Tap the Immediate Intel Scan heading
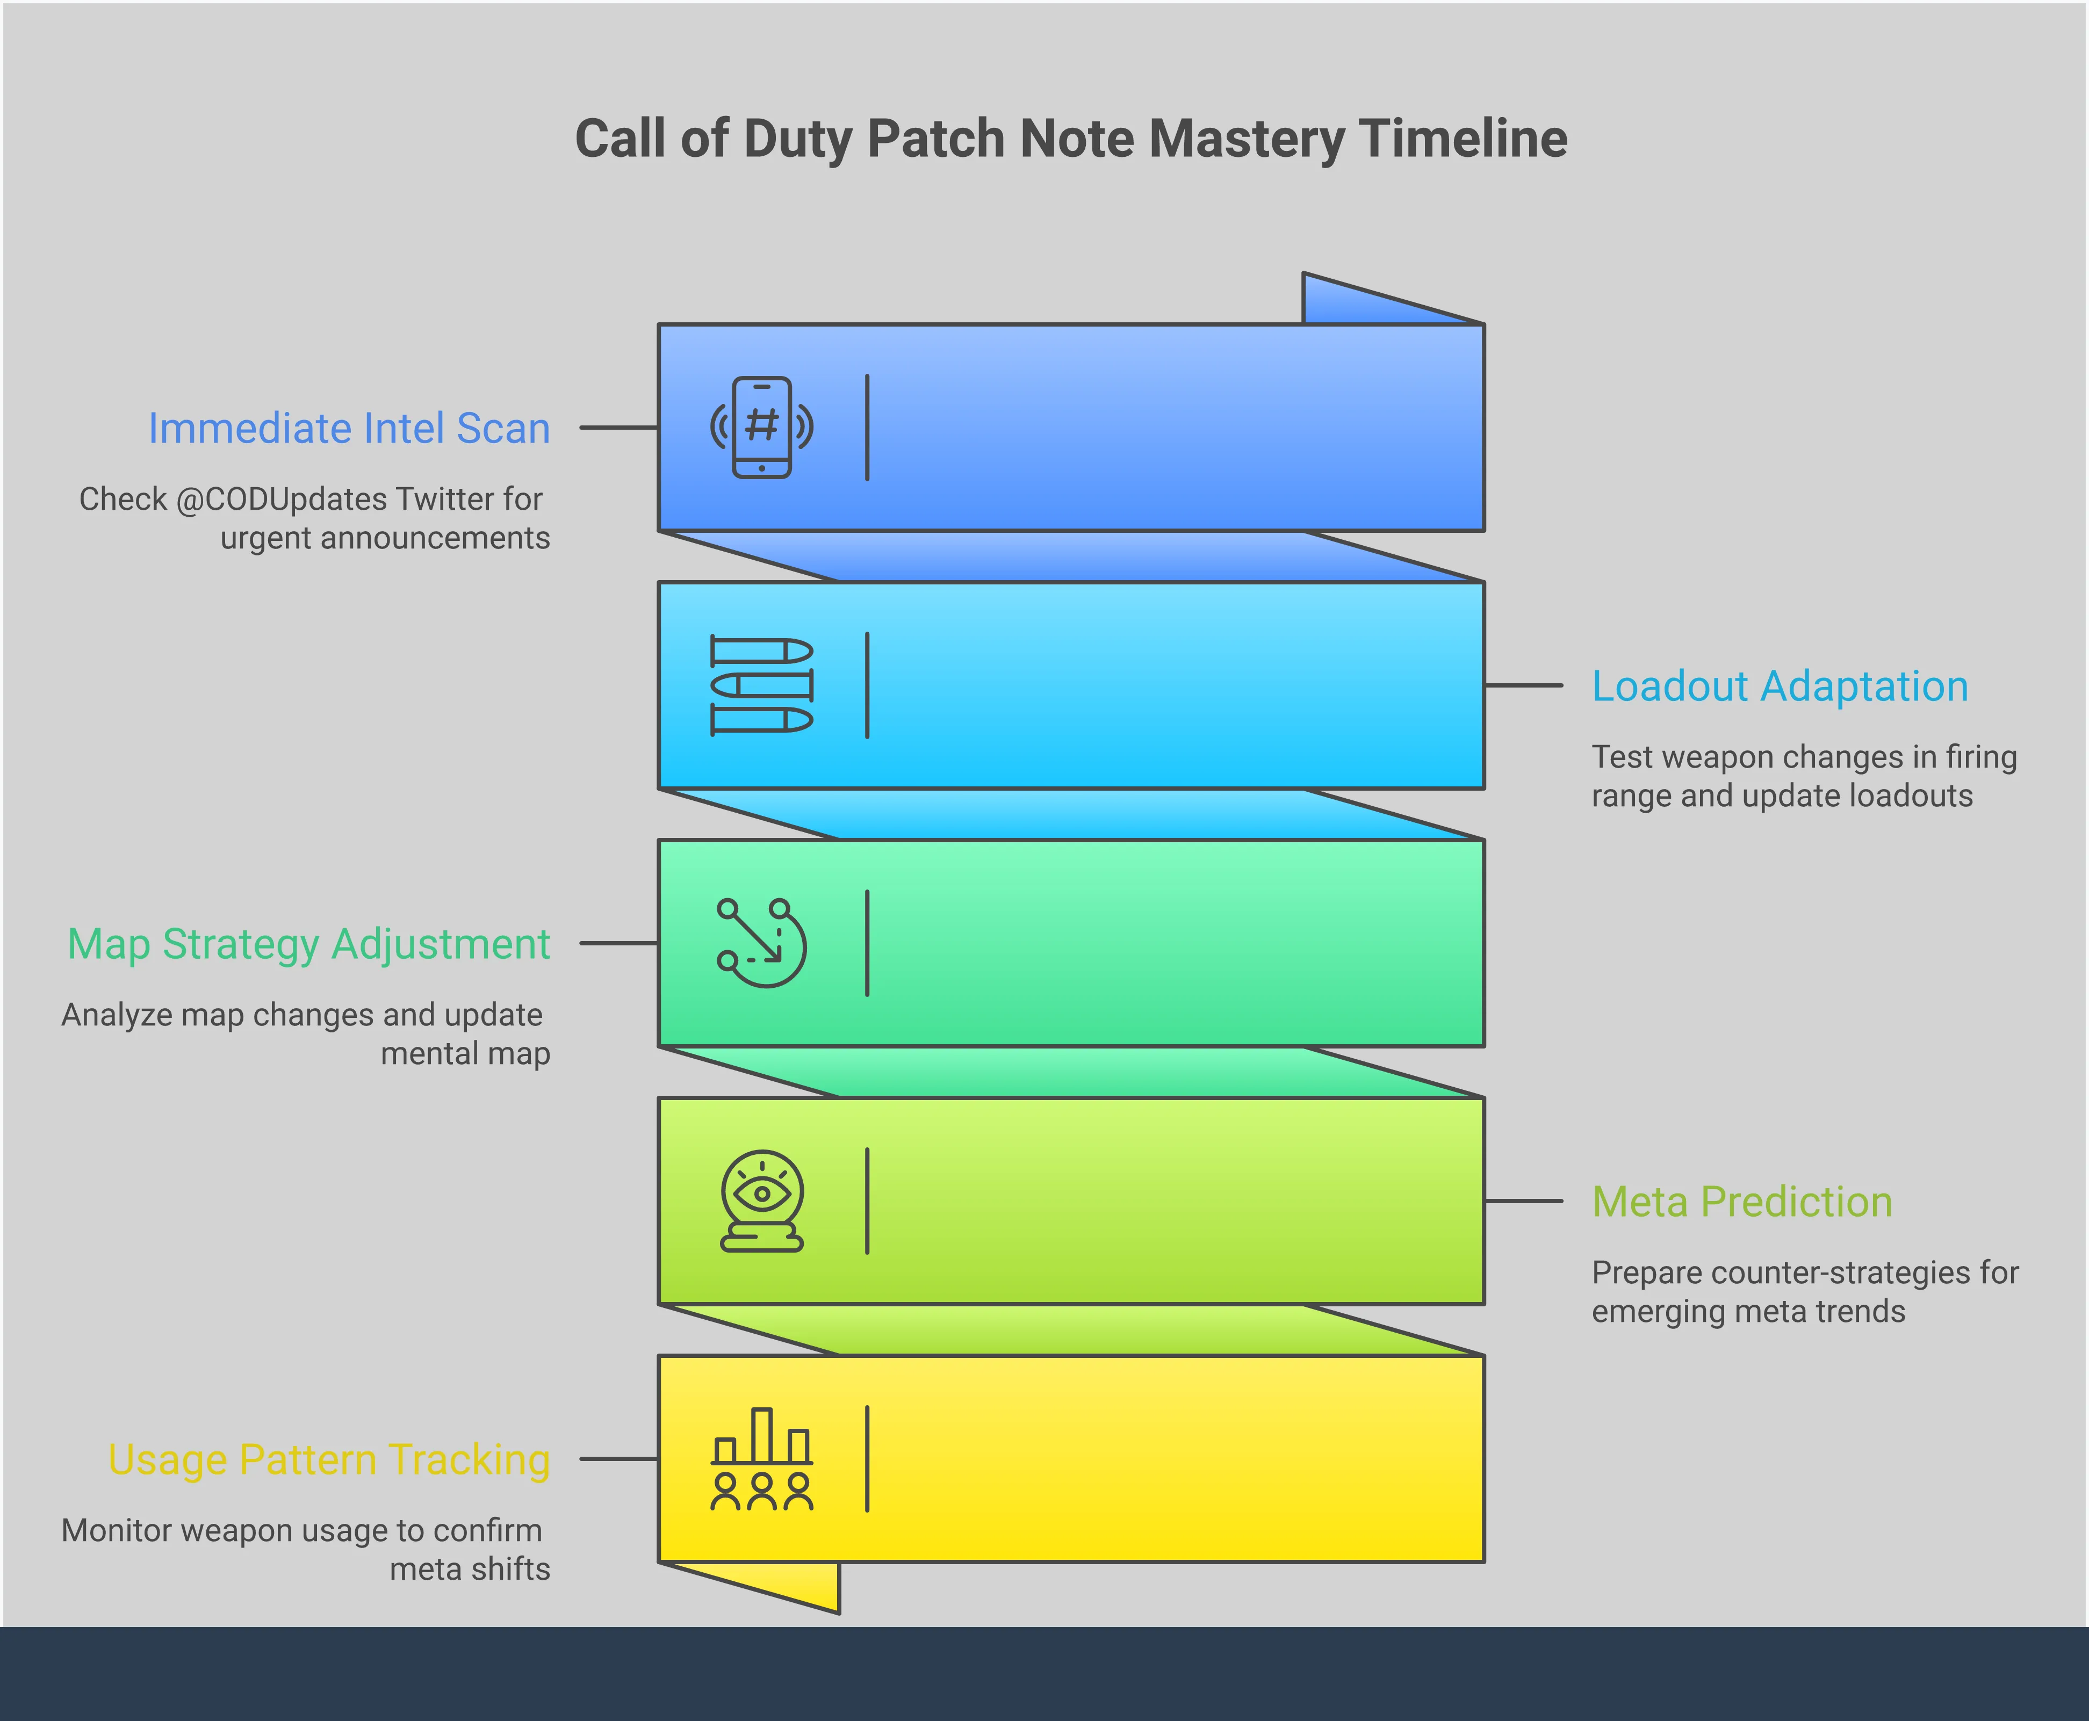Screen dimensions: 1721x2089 click(349, 428)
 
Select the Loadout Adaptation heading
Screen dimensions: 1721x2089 click(1780, 686)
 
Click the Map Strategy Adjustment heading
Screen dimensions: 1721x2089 click(308, 944)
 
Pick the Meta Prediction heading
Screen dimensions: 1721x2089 click(1742, 1202)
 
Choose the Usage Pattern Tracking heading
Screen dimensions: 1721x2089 click(329, 1459)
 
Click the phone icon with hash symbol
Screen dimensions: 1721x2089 click(761, 427)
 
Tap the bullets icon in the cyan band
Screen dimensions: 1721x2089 click(761, 685)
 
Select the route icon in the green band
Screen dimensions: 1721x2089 click(761, 943)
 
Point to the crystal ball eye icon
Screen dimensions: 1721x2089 click(761, 1201)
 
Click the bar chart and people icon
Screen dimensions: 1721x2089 click(761, 1458)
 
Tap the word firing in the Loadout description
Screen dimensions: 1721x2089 click(1981, 756)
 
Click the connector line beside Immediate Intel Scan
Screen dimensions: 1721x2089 click(618, 427)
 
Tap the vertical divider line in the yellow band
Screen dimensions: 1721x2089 click(868, 1458)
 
